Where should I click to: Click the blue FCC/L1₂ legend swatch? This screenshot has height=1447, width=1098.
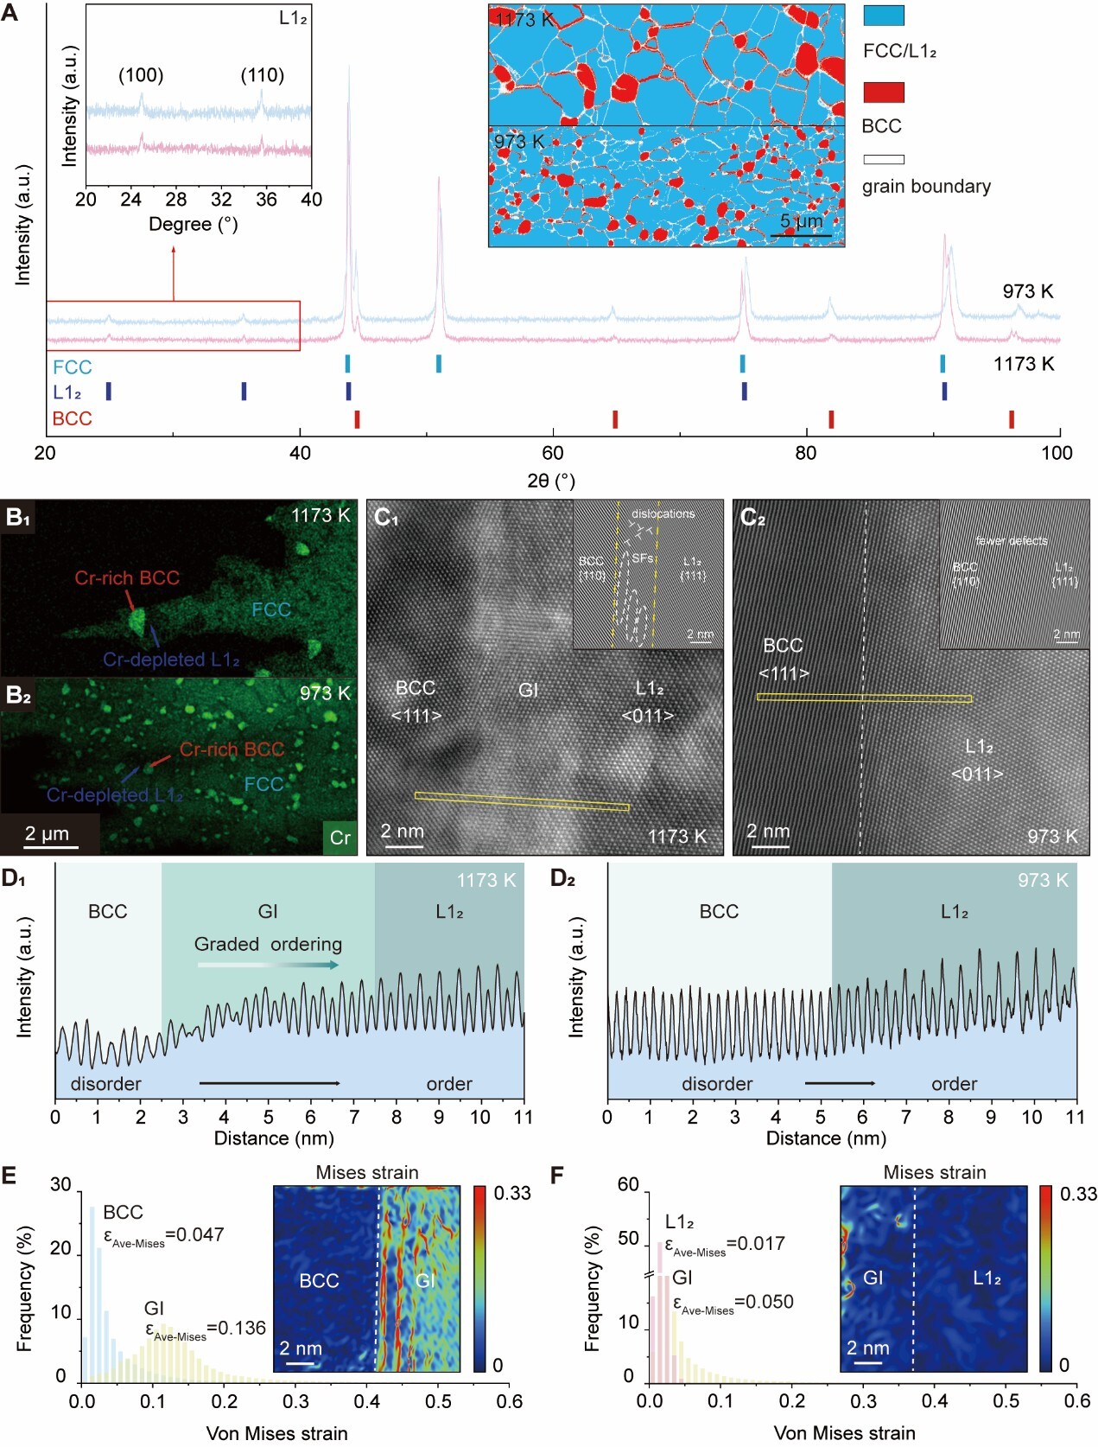[x=884, y=16]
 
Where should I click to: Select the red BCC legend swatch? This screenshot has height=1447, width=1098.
[x=884, y=92]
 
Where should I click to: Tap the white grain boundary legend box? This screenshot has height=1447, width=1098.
[x=884, y=159]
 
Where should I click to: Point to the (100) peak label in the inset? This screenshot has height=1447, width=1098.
[x=141, y=75]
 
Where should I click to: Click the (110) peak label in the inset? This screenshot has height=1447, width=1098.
[x=262, y=75]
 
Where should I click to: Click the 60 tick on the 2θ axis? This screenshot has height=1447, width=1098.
[x=552, y=453]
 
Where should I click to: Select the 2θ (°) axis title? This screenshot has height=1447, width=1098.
[x=551, y=481]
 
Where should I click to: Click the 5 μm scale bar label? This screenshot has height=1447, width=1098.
[x=802, y=221]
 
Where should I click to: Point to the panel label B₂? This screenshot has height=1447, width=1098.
[x=18, y=694]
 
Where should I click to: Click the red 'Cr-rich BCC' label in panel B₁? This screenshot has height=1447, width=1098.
[x=127, y=578]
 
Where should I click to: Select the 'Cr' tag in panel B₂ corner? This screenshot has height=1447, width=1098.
[x=340, y=837]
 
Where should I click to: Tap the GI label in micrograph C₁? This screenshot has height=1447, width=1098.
[x=529, y=690]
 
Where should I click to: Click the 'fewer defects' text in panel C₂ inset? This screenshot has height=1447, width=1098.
[x=1011, y=541]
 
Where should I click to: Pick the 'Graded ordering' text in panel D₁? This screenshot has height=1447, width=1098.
[x=268, y=944]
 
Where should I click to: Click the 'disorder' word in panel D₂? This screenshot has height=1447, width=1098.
[x=717, y=1084]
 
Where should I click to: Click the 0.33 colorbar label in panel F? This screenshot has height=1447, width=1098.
[x=1078, y=1194]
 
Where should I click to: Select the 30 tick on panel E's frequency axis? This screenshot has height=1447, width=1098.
[x=60, y=1185]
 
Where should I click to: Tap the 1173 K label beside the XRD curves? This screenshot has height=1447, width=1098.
[x=1024, y=364]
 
